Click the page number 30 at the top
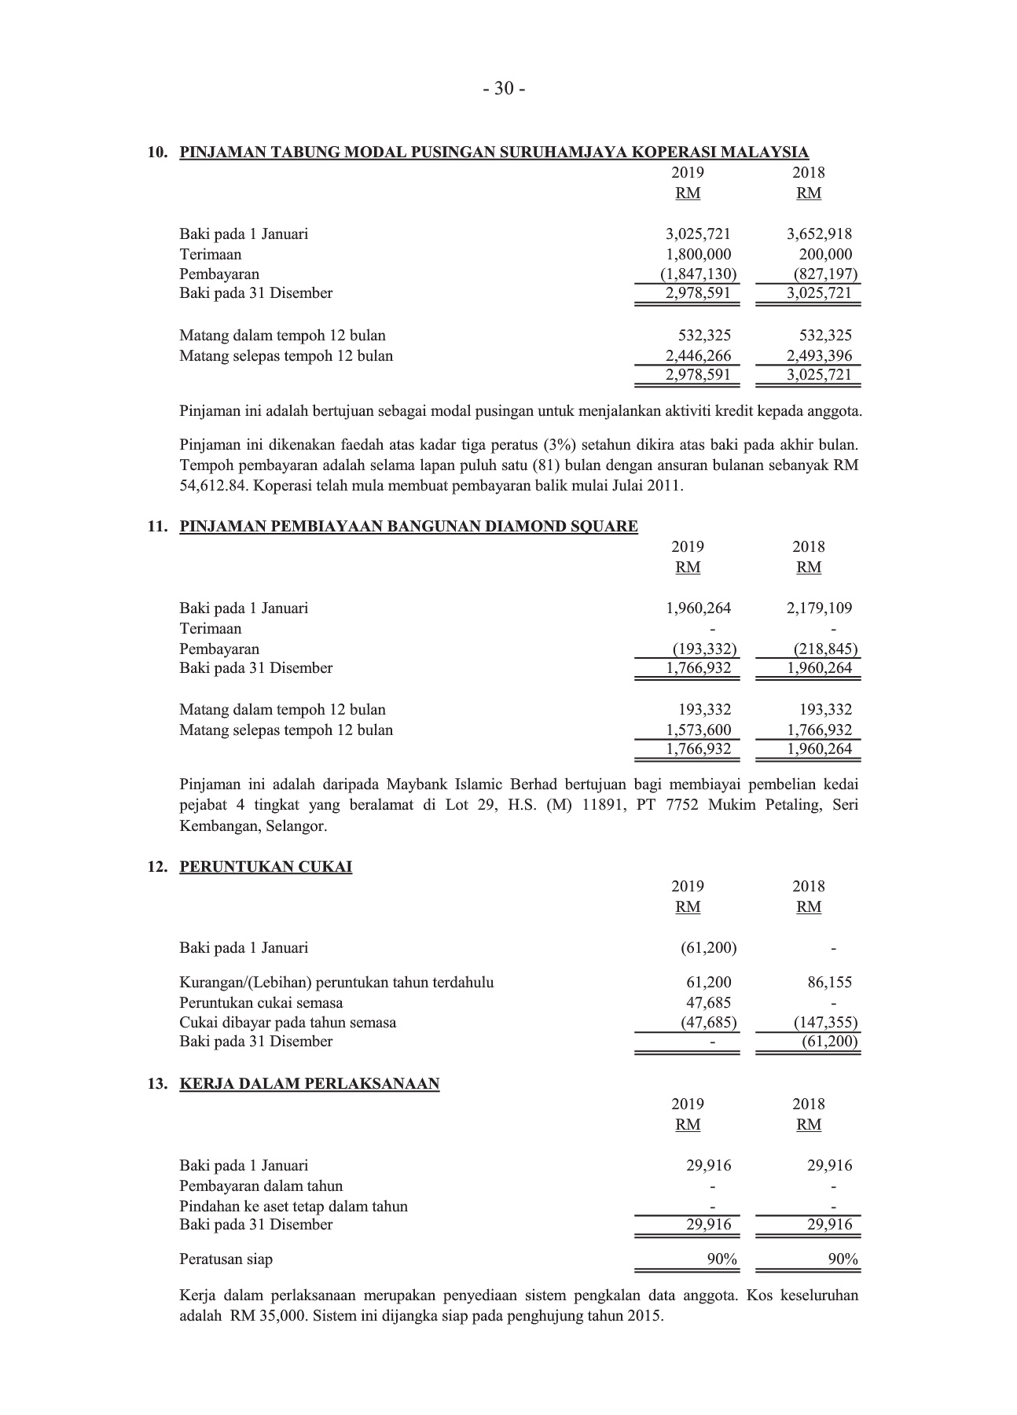[504, 90]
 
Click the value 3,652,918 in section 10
[819, 233]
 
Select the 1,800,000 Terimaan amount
[698, 254]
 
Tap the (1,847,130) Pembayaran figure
[698, 274]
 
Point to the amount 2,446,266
[698, 356]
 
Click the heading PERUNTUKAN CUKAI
[266, 867]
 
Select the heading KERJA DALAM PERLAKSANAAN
[310, 1084]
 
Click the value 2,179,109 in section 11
[819, 608]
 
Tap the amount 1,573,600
[698, 730]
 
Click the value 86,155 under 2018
[829, 982]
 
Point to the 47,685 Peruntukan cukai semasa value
[708, 1002]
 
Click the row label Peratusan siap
[226, 1259]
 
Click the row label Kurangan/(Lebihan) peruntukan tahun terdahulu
[336, 982]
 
